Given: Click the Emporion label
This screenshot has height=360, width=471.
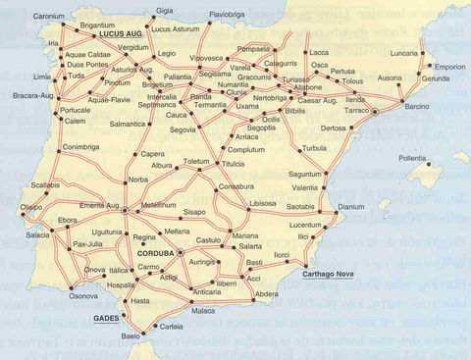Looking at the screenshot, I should (449, 68).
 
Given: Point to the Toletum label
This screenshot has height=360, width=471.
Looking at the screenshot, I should (196, 160).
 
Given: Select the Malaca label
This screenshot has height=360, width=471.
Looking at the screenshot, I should (202, 311).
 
